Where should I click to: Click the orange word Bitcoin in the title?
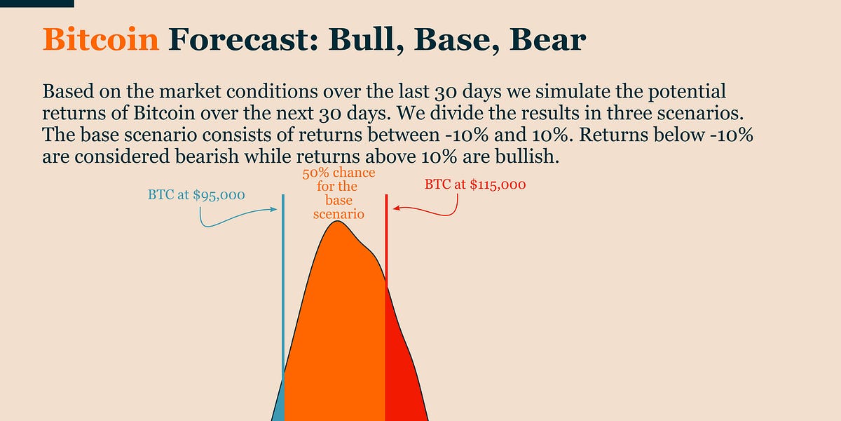coord(101,39)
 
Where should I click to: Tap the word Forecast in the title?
coord(243,39)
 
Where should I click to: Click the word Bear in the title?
coord(547,39)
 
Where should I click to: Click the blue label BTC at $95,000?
coord(196,195)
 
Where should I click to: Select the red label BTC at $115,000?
coord(475,185)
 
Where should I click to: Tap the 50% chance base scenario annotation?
coord(339,193)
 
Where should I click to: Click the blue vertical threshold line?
coord(283,307)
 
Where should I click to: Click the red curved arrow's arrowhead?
coord(395,208)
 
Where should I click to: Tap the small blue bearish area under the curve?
coord(280,408)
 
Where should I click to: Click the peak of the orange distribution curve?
coord(338,222)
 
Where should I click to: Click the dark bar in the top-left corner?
coord(36,4)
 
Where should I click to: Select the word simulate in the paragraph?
coord(589,91)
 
